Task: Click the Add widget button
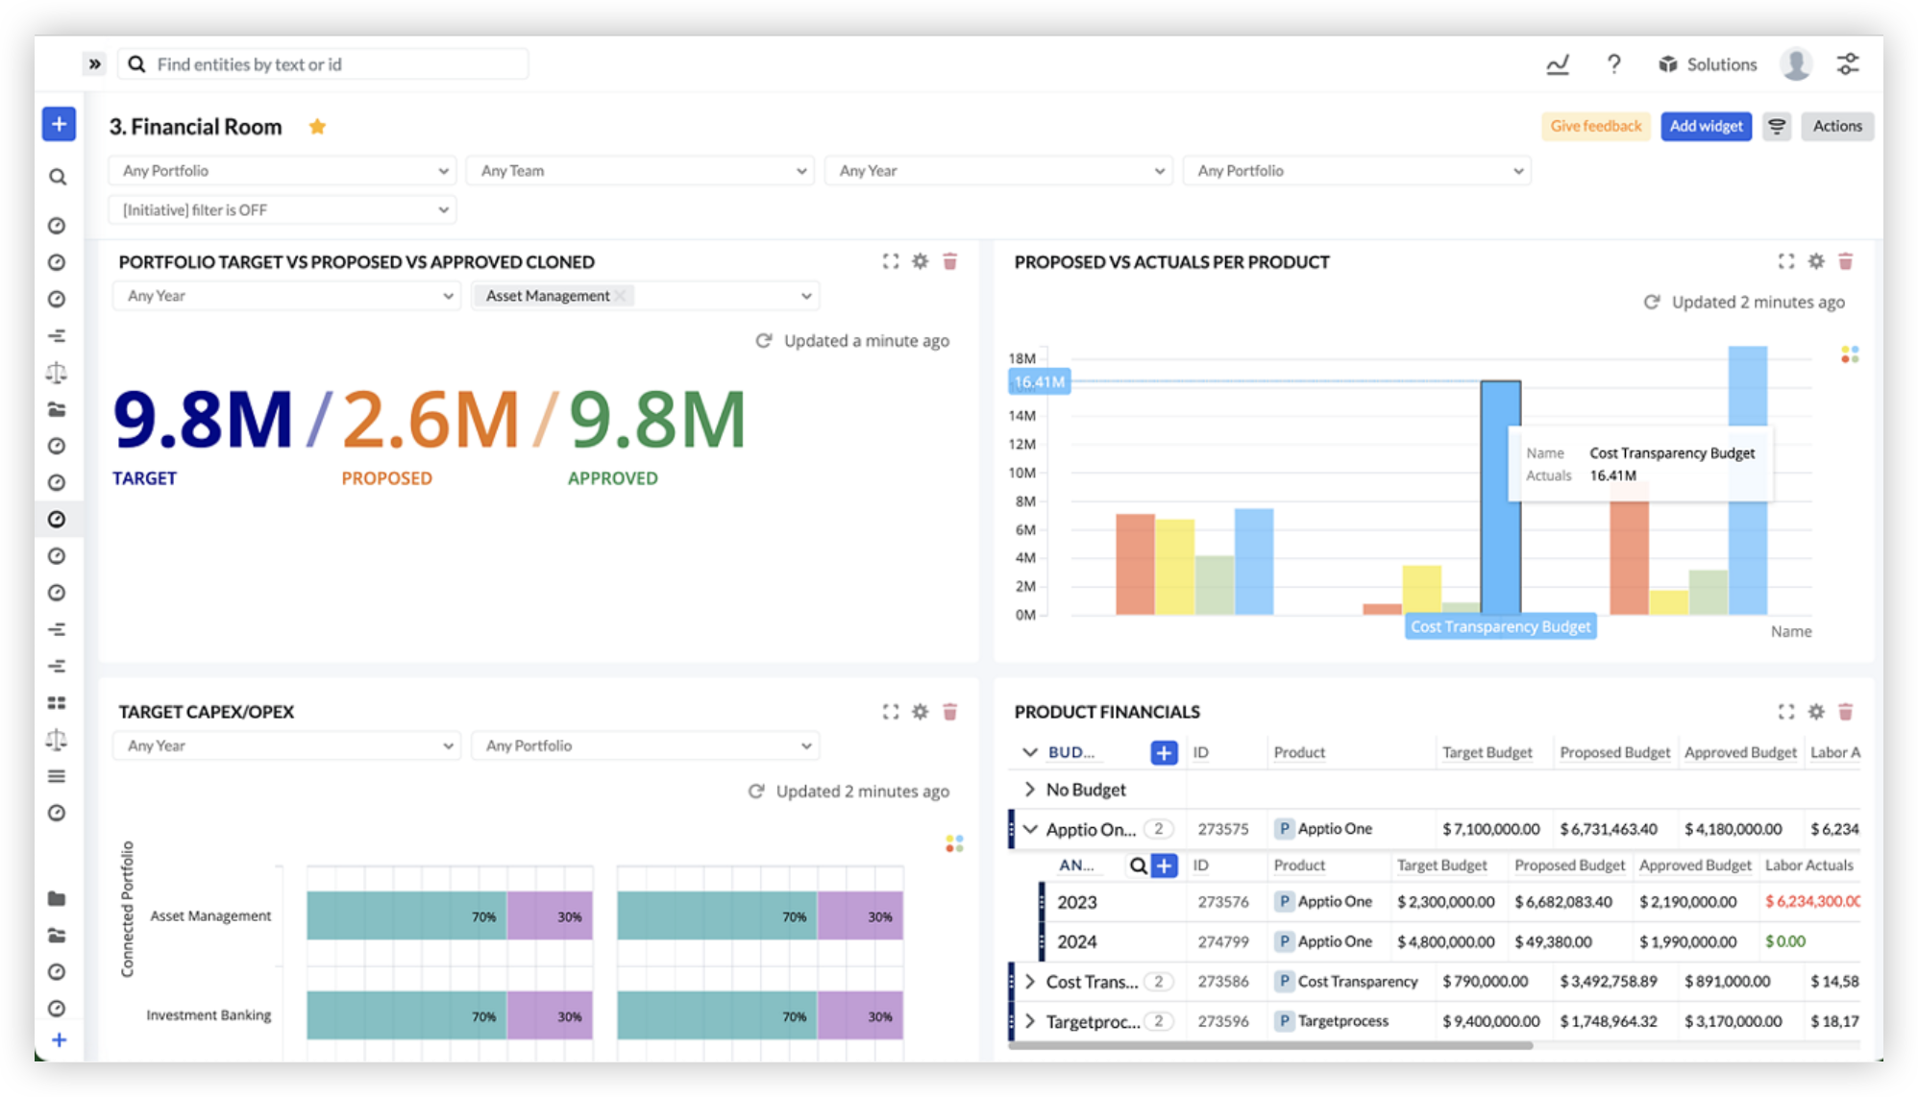click(1706, 126)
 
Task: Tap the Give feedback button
click(1595, 126)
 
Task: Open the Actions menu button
click(1836, 126)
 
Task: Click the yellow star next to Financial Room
click(317, 127)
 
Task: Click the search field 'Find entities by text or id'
click(327, 64)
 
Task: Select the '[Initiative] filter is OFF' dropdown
click(283, 209)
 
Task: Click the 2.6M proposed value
click(430, 420)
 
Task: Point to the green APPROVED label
click(612, 478)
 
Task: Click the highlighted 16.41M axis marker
click(1039, 382)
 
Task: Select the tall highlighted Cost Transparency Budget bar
click(1500, 496)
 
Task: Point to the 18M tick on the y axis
click(1021, 358)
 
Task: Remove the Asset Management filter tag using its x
click(621, 296)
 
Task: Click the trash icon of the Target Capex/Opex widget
click(949, 712)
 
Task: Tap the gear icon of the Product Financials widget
click(1815, 712)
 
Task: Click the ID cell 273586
click(1222, 982)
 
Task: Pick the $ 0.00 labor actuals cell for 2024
click(1784, 941)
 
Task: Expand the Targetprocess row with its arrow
click(1030, 1021)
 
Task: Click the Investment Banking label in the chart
click(209, 1015)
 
